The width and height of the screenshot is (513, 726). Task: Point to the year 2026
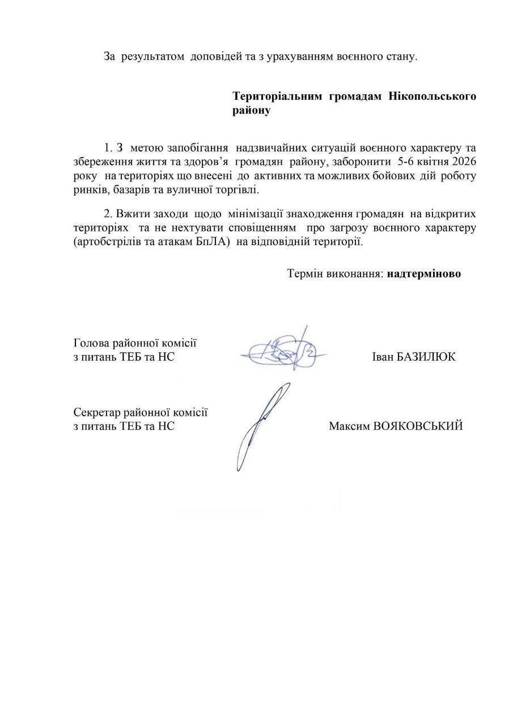pos(464,162)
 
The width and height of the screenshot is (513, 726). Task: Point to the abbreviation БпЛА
pos(205,242)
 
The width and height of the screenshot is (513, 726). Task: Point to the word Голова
pos(91,343)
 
